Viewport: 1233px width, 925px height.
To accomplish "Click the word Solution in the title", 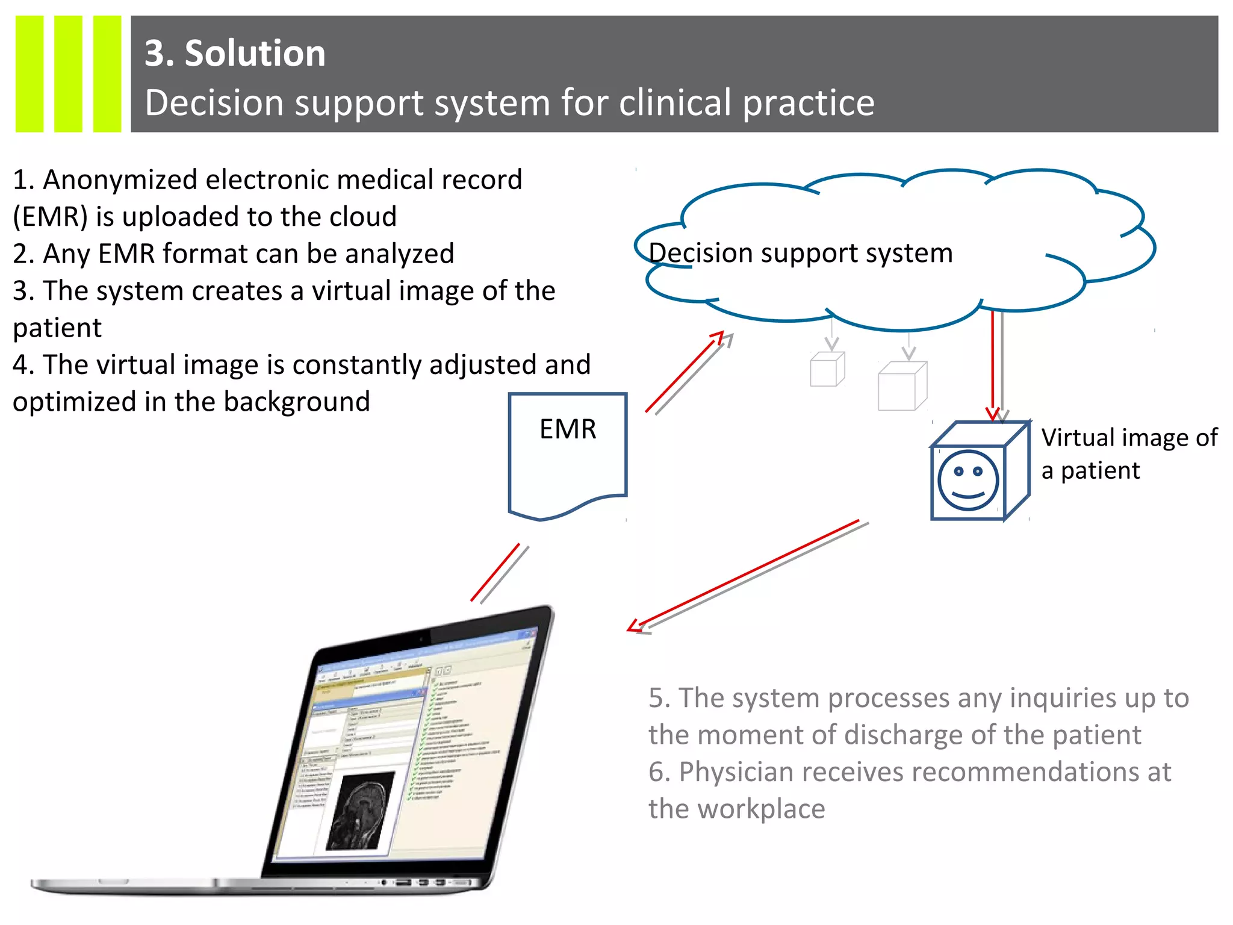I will pyautogui.click(x=255, y=54).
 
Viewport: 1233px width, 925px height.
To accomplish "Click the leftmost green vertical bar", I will pyautogui.click(x=29, y=73).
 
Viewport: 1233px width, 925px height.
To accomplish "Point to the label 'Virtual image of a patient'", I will pyautogui.click(x=1128, y=453).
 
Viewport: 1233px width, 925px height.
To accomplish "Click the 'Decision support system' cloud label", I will pyautogui.click(x=800, y=253).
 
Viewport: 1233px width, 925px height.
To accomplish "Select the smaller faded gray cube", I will pyautogui.click(x=827, y=369).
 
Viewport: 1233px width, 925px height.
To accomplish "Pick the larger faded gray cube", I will pyautogui.click(x=901, y=386).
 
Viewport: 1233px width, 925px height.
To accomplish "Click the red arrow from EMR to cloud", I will pyautogui.click(x=683, y=372).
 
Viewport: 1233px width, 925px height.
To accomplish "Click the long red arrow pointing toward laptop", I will pyautogui.click(x=747, y=575).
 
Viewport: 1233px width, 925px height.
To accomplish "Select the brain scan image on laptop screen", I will pyautogui.click(x=360, y=811).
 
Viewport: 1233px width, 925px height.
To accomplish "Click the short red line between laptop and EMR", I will pyautogui.click(x=495, y=573).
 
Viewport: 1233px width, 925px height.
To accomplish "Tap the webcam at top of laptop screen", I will pyautogui.click(x=421, y=639).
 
